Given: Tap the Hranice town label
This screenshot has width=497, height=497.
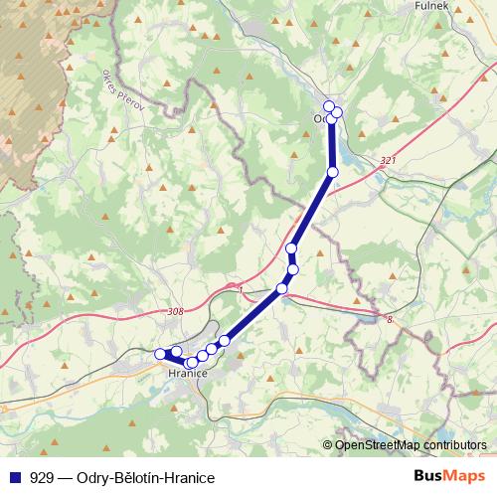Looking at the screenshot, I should [187, 374].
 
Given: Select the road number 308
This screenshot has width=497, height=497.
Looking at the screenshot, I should [175, 312].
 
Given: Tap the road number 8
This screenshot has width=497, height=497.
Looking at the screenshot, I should [391, 319].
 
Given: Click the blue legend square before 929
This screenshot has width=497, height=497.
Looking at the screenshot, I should [14, 477].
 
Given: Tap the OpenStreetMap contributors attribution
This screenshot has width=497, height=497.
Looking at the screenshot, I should [411, 445].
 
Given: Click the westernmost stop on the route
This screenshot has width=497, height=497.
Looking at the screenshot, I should [159, 353].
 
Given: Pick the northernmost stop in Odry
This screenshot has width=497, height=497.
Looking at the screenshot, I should [329, 105].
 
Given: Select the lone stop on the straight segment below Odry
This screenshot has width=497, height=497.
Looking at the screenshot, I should [333, 173].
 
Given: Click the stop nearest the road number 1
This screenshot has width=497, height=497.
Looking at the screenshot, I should [282, 288].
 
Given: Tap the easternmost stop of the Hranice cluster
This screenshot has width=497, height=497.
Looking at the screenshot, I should [225, 341].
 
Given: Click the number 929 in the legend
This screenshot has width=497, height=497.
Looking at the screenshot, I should [43, 478].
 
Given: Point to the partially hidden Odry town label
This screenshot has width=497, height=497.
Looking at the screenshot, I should [320, 118].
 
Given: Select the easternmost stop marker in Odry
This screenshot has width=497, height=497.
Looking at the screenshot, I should [337, 111].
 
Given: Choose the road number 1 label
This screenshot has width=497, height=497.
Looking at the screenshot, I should [241, 290].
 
